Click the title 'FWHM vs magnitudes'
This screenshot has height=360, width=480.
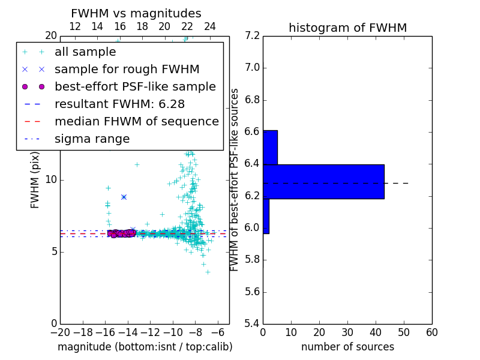click(x=136, y=13)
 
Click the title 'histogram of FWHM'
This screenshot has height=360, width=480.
click(x=347, y=28)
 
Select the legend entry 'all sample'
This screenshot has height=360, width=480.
click(x=85, y=52)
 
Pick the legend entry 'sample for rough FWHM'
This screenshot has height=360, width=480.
click(x=127, y=70)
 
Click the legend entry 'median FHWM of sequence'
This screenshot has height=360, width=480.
click(x=136, y=122)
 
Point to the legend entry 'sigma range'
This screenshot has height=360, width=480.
click(x=92, y=139)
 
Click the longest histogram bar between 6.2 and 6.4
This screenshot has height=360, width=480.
click(x=323, y=182)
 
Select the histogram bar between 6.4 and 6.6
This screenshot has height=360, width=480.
click(x=270, y=147)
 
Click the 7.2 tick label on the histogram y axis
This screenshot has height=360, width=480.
click(x=253, y=35)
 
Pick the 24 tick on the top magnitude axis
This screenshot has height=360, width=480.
click(x=210, y=26)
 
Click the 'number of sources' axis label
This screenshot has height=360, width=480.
click(x=347, y=347)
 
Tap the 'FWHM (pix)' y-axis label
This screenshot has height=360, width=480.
click(x=35, y=179)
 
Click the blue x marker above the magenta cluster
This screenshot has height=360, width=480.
click(x=124, y=197)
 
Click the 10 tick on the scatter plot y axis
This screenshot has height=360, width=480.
click(x=50, y=179)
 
